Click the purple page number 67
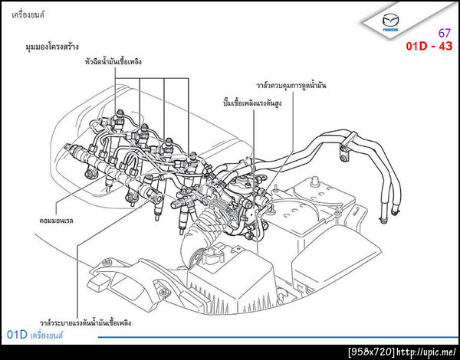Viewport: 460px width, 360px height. pyautogui.click(x=444, y=33)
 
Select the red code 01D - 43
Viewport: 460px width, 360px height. pyautogui.click(x=429, y=46)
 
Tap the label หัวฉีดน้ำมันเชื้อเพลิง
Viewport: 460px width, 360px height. pyautogui.click(x=113, y=61)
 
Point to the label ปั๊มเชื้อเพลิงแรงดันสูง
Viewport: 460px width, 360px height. pyautogui.click(x=252, y=103)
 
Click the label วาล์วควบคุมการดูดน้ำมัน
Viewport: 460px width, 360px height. pyautogui.click(x=291, y=86)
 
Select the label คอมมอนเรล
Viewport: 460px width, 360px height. pyautogui.click(x=56, y=220)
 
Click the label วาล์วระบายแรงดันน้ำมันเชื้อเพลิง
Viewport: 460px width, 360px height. pyautogui.click(x=85, y=322)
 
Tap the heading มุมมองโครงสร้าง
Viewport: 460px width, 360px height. pyautogui.click(x=52, y=46)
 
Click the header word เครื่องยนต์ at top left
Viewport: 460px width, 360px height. pyautogui.click(x=28, y=15)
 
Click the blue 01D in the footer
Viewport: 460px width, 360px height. pyautogui.click(x=17, y=335)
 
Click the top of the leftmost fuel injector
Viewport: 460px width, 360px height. pyautogui.click(x=120, y=113)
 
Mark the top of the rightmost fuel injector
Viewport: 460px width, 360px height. pyautogui.click(x=192, y=155)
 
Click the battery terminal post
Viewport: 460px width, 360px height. pyautogui.click(x=316, y=180)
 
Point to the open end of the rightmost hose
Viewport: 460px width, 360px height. pyautogui.click(x=395, y=211)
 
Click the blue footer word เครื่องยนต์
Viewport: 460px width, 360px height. pyautogui.click(x=47, y=335)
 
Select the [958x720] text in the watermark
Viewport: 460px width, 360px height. pyautogui.click(x=371, y=352)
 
